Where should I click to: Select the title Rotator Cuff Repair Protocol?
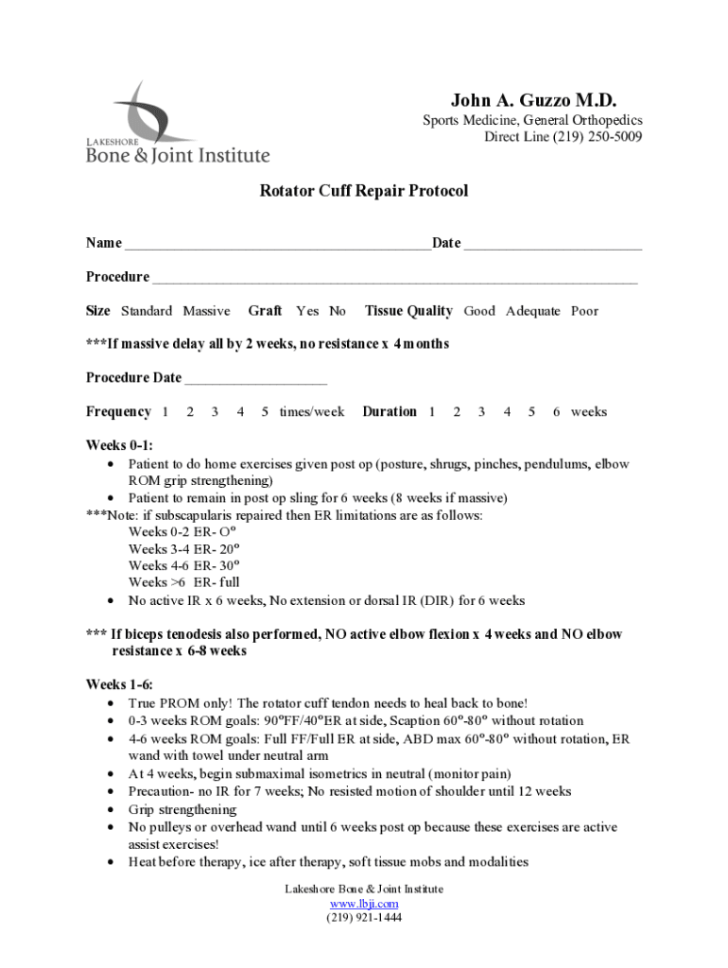point(364,191)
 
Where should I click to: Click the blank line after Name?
point(278,244)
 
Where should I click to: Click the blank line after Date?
point(553,244)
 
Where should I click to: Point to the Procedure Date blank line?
point(255,378)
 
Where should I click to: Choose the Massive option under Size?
point(206,311)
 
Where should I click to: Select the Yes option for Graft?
point(307,311)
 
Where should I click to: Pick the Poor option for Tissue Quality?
point(584,311)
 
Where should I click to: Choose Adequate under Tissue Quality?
point(532,311)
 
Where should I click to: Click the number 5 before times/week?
point(265,412)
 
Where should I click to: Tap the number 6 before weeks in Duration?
point(557,412)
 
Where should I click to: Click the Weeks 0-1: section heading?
point(119,445)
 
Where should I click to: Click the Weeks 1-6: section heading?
point(119,684)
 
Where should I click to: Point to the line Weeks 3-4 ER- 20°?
point(183,549)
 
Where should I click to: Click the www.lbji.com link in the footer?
point(364,904)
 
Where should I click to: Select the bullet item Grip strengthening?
point(182,809)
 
